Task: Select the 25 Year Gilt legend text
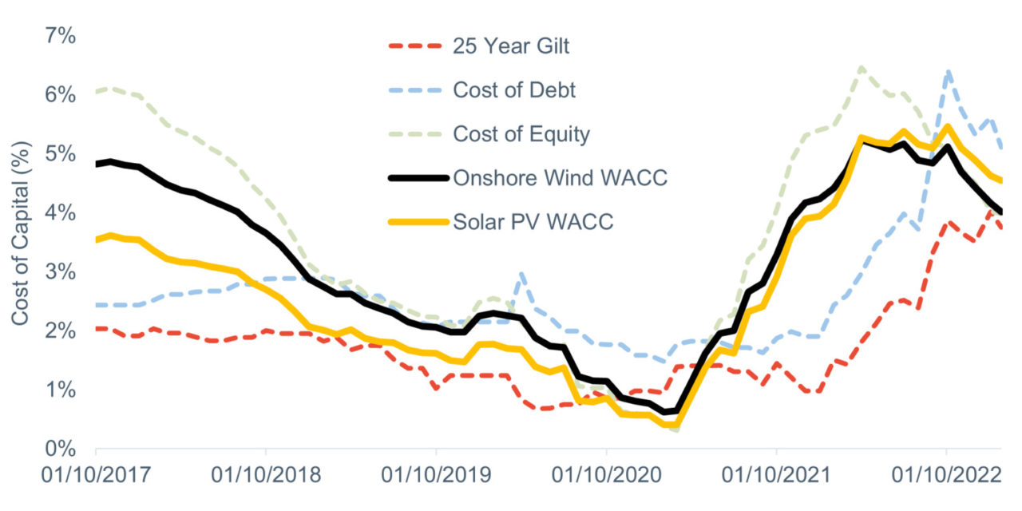[511, 46]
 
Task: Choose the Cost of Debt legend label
[514, 90]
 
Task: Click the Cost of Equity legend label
[521, 134]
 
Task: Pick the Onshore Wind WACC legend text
[560, 178]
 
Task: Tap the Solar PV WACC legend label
[533, 222]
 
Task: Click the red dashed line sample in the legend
[414, 46]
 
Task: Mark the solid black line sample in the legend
[414, 178]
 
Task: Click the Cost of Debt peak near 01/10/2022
[948, 72]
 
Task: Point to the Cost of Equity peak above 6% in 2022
[860, 68]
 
